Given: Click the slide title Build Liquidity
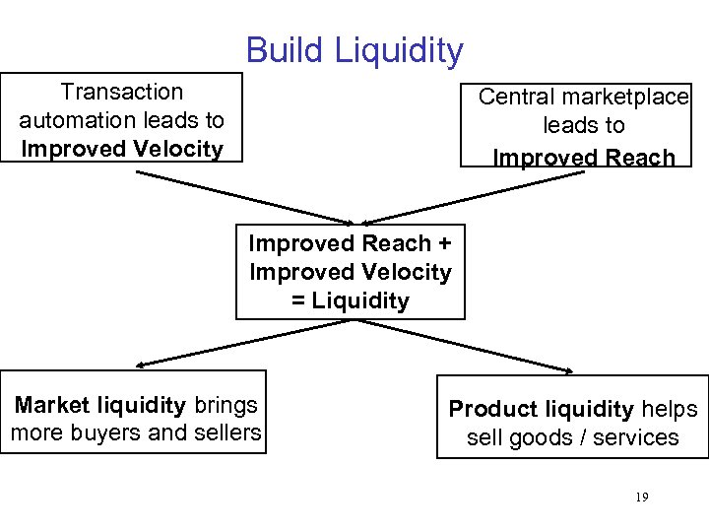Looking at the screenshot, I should pos(354,50).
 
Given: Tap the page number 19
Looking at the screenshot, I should pos(641,498).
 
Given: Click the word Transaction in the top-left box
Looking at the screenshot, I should pos(122,92).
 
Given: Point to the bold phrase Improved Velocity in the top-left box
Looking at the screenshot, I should pos(122,149).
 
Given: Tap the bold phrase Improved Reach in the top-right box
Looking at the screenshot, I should pos(584,158).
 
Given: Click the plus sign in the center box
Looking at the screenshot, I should pos(443,243).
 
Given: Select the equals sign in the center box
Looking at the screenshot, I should pos(298,300).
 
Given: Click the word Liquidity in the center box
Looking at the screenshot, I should pos(359,300).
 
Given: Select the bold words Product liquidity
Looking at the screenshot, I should pos(541,409).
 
